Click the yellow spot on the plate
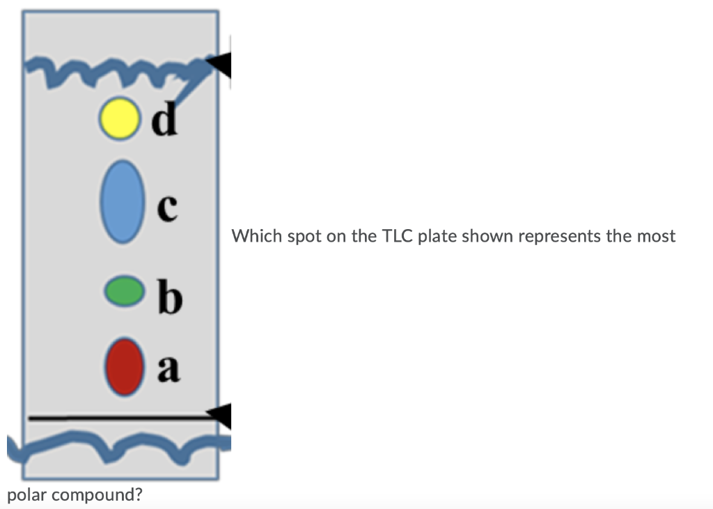116,118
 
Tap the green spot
123,291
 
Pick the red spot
123,367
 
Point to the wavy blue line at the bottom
111,446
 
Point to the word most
656,236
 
